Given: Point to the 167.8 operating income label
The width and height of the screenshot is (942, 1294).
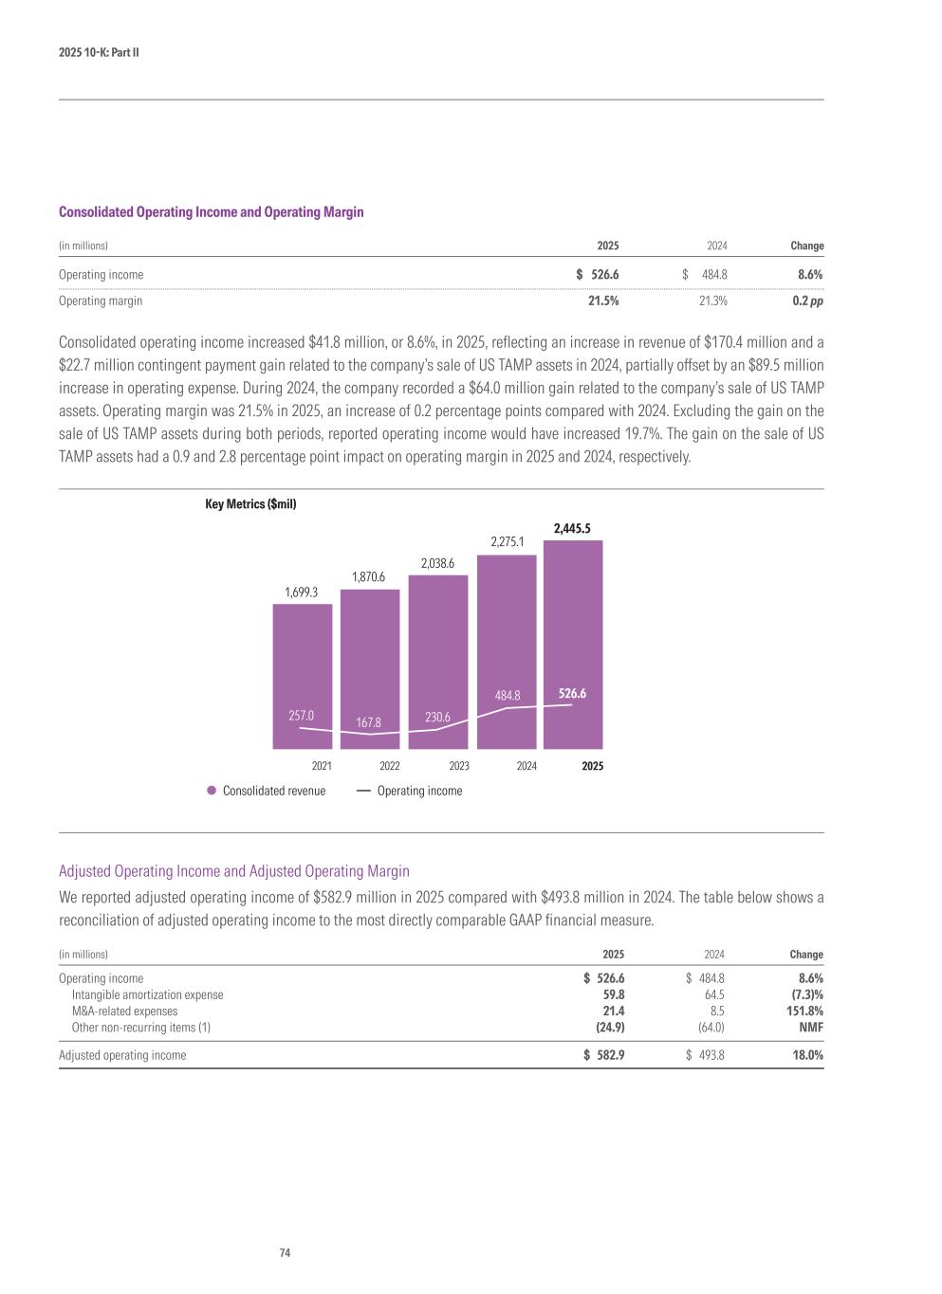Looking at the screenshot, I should tap(368, 723).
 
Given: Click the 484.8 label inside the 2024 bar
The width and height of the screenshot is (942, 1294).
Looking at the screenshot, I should tap(508, 696).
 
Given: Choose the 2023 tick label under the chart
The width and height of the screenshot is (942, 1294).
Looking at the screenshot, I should tap(459, 766).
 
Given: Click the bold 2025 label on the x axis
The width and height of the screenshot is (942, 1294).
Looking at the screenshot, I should tap(593, 766).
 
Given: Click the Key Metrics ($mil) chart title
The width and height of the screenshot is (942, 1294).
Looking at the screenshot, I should tap(250, 504).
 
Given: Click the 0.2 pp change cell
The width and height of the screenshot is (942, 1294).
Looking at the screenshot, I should tap(807, 301).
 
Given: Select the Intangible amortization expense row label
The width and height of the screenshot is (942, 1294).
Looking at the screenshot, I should tap(148, 994).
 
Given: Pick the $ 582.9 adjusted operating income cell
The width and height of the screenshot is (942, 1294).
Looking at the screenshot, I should tap(604, 1054).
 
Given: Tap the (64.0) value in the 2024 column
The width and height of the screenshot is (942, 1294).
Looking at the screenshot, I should tap(711, 1027).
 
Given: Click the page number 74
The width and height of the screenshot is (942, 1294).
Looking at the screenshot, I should tap(285, 1253).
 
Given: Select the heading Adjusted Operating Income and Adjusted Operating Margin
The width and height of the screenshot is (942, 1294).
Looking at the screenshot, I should tap(234, 870).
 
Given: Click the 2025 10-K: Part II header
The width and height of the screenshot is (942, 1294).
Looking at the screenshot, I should tap(99, 52).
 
